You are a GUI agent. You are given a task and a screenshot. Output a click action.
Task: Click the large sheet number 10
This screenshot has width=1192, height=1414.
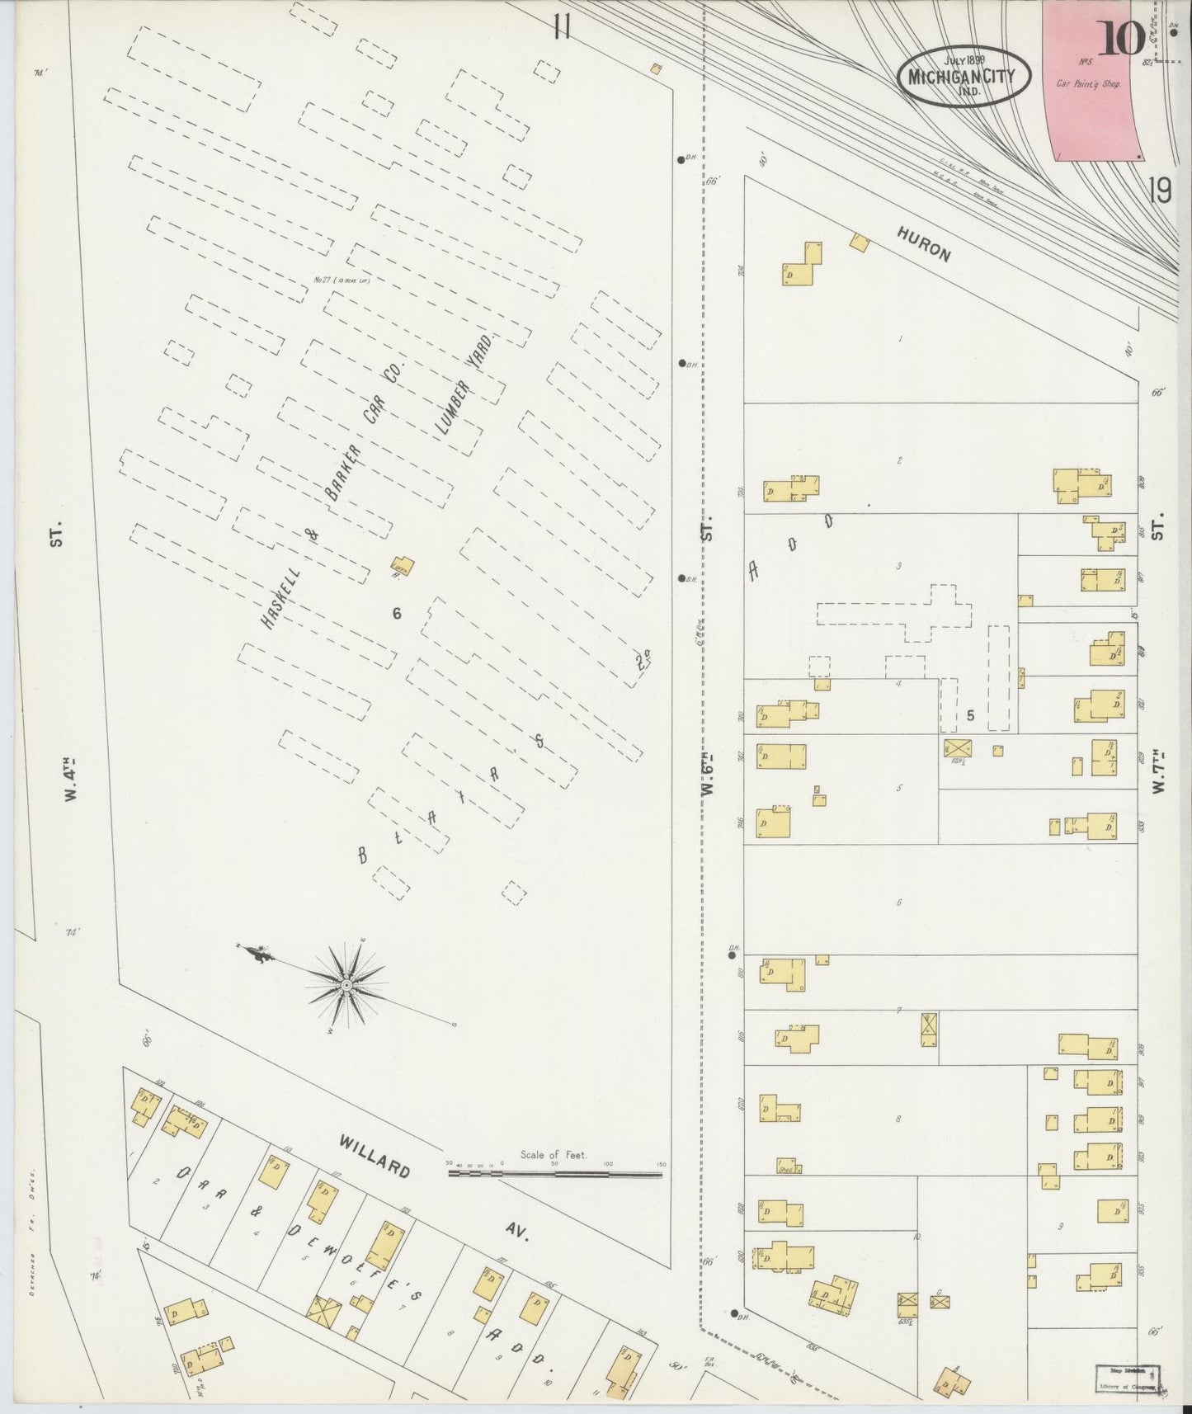click(x=1120, y=37)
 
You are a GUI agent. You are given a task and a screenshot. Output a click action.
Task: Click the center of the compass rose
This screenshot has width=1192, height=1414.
click(x=347, y=985)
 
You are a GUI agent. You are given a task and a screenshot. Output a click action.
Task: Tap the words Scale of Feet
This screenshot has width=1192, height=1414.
click(x=553, y=1155)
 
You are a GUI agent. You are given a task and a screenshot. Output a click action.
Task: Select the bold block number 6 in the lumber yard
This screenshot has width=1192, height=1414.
click(x=397, y=613)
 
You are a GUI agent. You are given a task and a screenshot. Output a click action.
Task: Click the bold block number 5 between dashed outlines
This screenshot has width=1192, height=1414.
click(x=970, y=715)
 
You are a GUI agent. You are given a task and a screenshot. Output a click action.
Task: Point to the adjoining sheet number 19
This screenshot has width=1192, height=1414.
click(x=1159, y=191)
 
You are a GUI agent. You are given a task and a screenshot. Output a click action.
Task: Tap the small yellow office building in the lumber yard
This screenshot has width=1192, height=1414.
click(x=403, y=565)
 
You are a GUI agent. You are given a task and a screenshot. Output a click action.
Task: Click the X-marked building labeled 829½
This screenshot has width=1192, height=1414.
click(x=959, y=748)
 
